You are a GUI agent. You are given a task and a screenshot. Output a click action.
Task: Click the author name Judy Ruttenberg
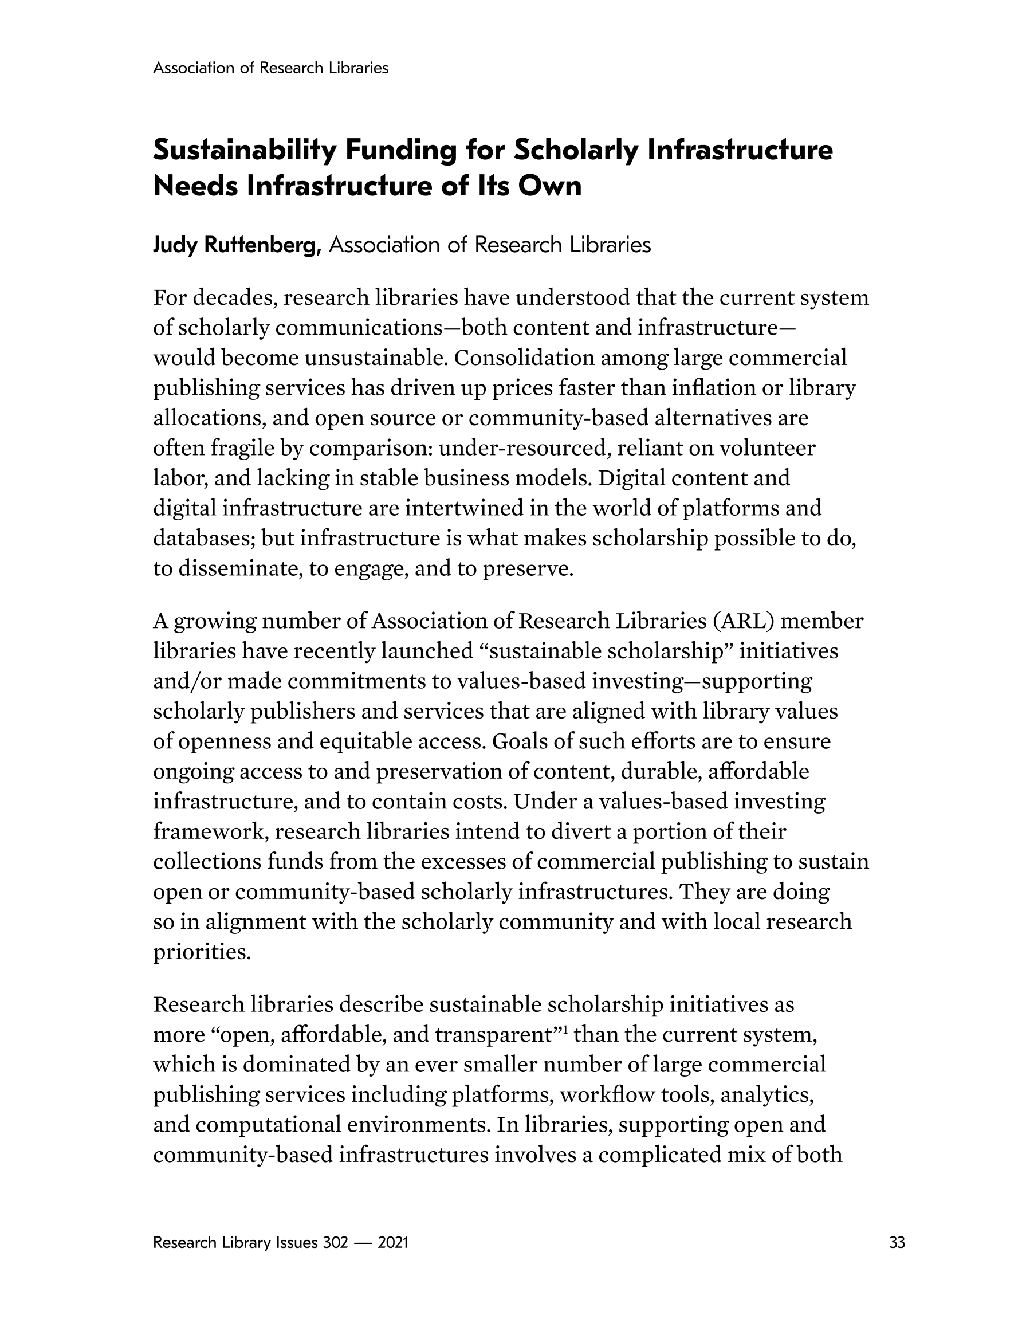237,245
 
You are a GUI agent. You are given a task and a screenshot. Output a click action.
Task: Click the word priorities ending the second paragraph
202,952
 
